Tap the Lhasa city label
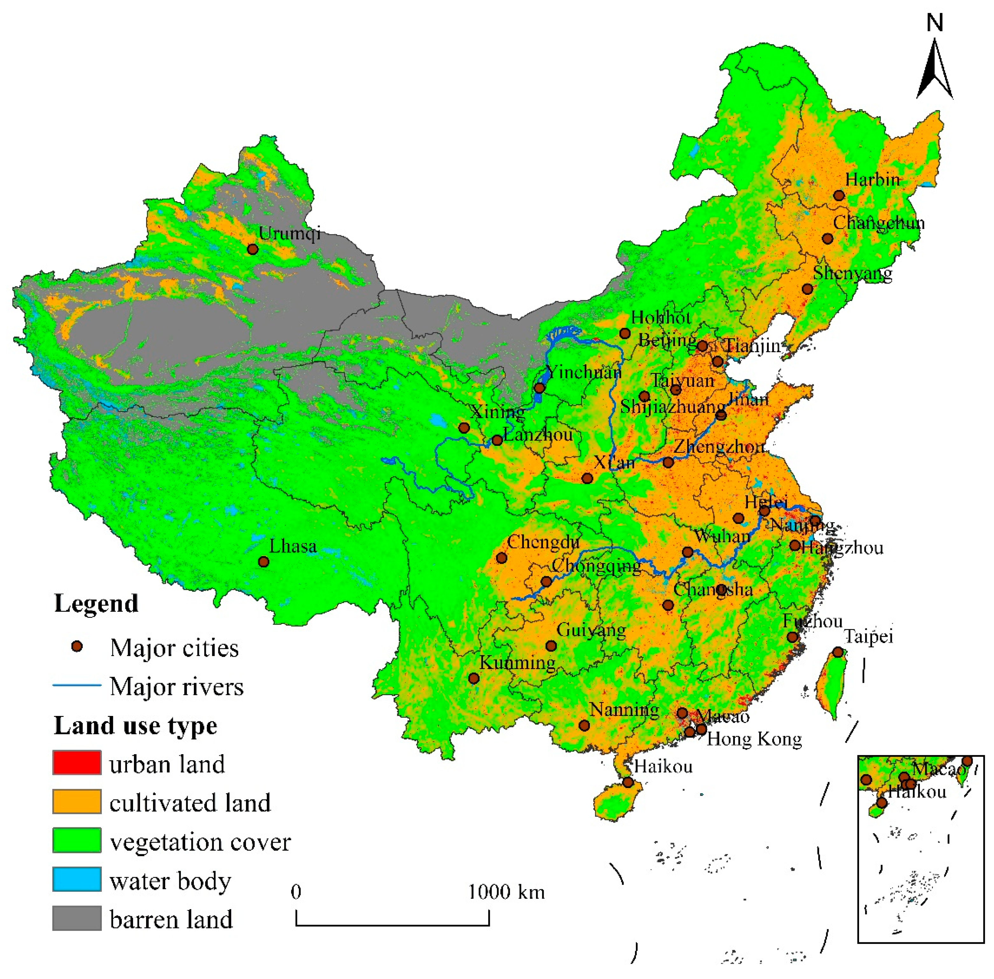click(293, 546)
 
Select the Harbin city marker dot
click(839, 196)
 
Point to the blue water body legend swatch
click(77, 879)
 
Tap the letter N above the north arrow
click(935, 23)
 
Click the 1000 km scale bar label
click(506, 892)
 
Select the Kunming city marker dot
click(474, 679)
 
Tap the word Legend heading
click(96, 603)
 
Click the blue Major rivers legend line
click(77, 685)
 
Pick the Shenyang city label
click(852, 273)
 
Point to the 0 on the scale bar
click(296, 892)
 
